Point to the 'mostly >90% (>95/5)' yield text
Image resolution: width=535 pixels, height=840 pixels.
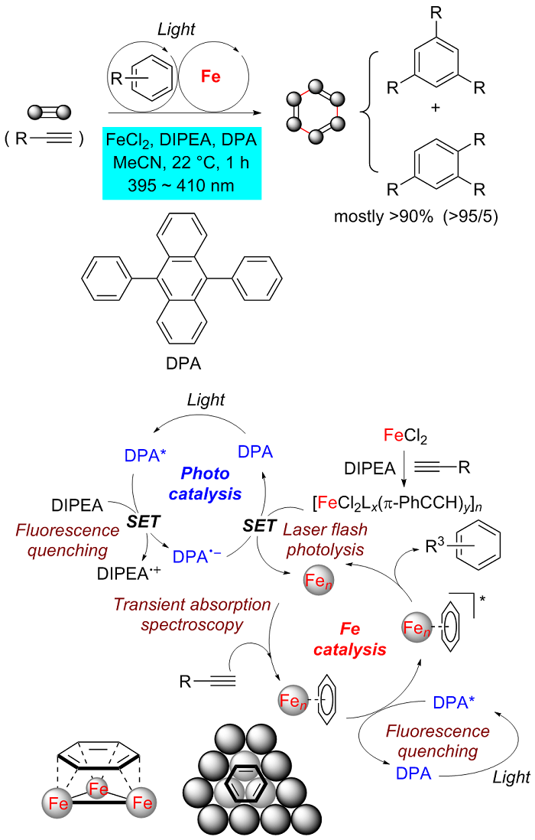coord(416,216)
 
